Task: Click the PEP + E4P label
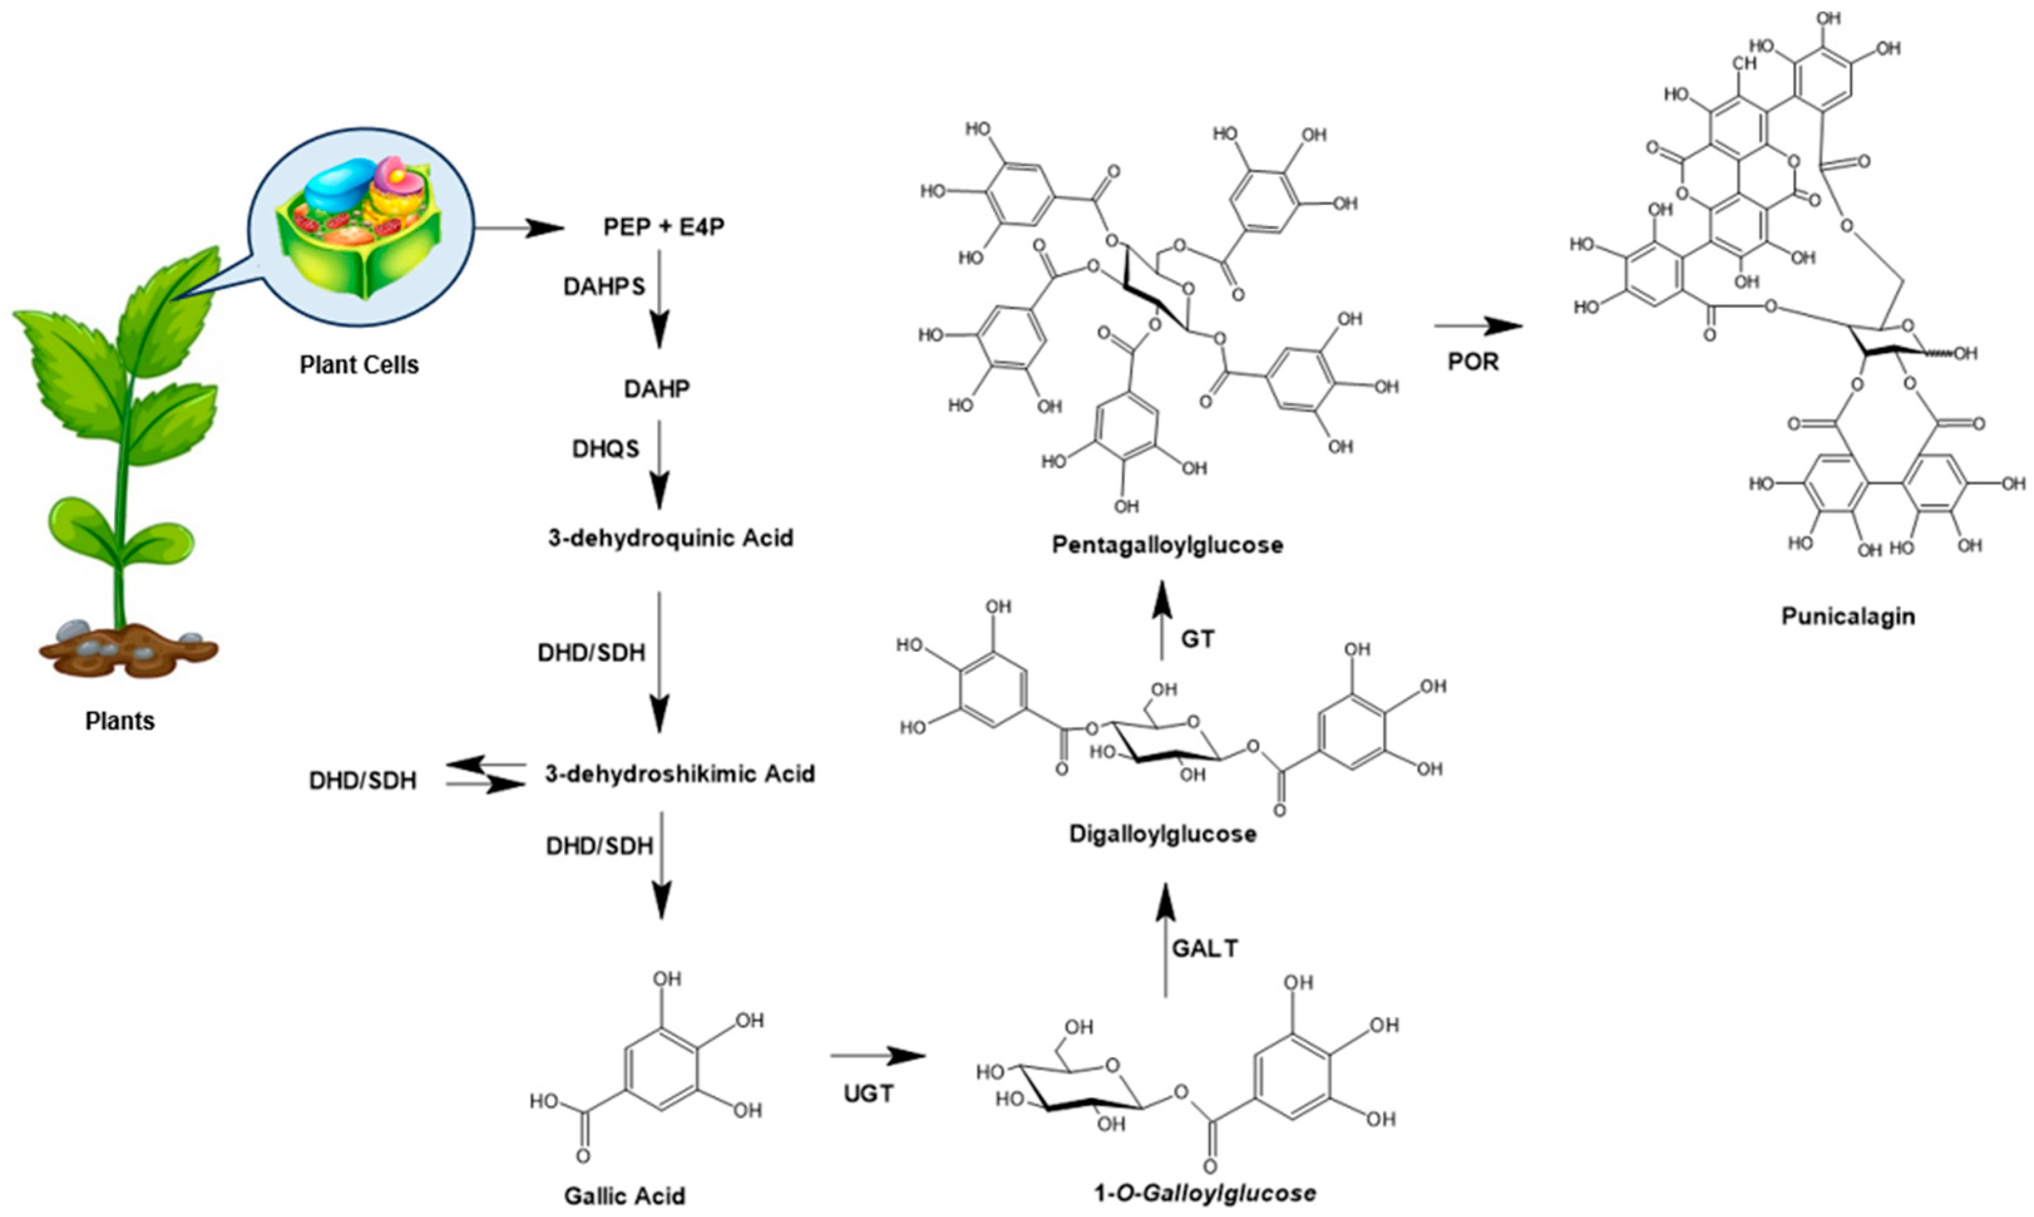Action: tap(664, 226)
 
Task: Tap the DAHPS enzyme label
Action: tap(604, 286)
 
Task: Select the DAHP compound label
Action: tap(657, 389)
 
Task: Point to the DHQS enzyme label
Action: tap(605, 449)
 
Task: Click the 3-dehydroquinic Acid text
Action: tap(671, 538)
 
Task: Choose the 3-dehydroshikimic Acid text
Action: tap(680, 773)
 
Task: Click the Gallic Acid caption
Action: tap(624, 1196)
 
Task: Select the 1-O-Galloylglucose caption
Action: tap(1205, 1193)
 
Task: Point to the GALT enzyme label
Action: tap(1205, 948)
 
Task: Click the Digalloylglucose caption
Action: tap(1163, 834)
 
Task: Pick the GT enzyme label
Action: tap(1197, 639)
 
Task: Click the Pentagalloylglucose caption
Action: tap(1168, 545)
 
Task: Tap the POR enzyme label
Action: tap(1473, 362)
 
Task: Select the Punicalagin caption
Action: tap(1848, 616)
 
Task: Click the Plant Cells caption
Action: tap(359, 365)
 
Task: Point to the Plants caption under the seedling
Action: tap(120, 721)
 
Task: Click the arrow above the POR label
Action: tap(1477, 326)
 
